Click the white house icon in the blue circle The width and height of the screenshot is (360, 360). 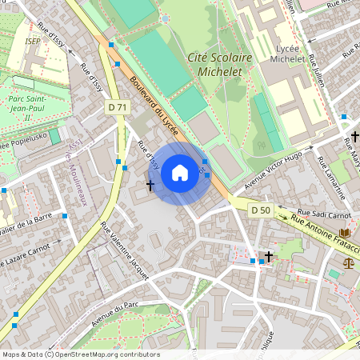tap(180, 173)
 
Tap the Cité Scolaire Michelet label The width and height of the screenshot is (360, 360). tap(219, 64)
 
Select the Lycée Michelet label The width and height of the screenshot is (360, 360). tap(286, 54)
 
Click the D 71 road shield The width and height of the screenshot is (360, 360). tap(117, 107)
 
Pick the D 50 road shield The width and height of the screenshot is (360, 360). tap(261, 210)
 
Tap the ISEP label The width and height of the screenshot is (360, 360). tap(33, 41)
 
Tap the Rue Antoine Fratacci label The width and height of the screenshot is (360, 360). tap(324, 234)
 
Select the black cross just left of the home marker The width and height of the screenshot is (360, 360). tap(150, 186)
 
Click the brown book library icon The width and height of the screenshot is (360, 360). tap(345, 233)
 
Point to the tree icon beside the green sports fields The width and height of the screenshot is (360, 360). tap(261, 146)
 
